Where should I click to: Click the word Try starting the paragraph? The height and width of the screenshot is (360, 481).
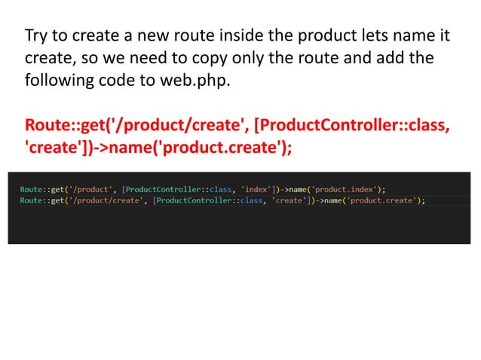(36, 35)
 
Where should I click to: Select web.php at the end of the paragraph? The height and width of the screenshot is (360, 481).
(204, 78)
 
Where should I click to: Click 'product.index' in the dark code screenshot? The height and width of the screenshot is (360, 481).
(349, 188)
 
